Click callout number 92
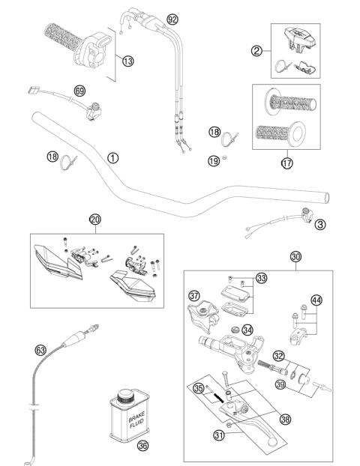coord(173,18)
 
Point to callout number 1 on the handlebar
coord(112,158)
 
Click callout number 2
coord(256,51)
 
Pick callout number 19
coord(214,160)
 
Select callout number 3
coord(320,224)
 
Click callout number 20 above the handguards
coord(94,220)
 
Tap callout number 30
coord(295,257)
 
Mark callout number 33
coord(261,279)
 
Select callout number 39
coord(280,384)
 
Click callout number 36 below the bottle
coord(142,447)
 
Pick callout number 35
coord(199,388)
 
